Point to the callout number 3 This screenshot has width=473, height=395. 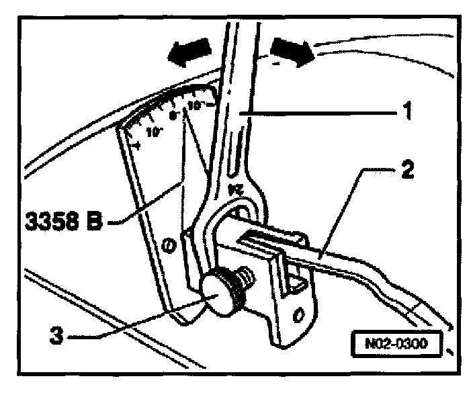click(x=61, y=335)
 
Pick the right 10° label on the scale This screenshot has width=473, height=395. click(x=195, y=105)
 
